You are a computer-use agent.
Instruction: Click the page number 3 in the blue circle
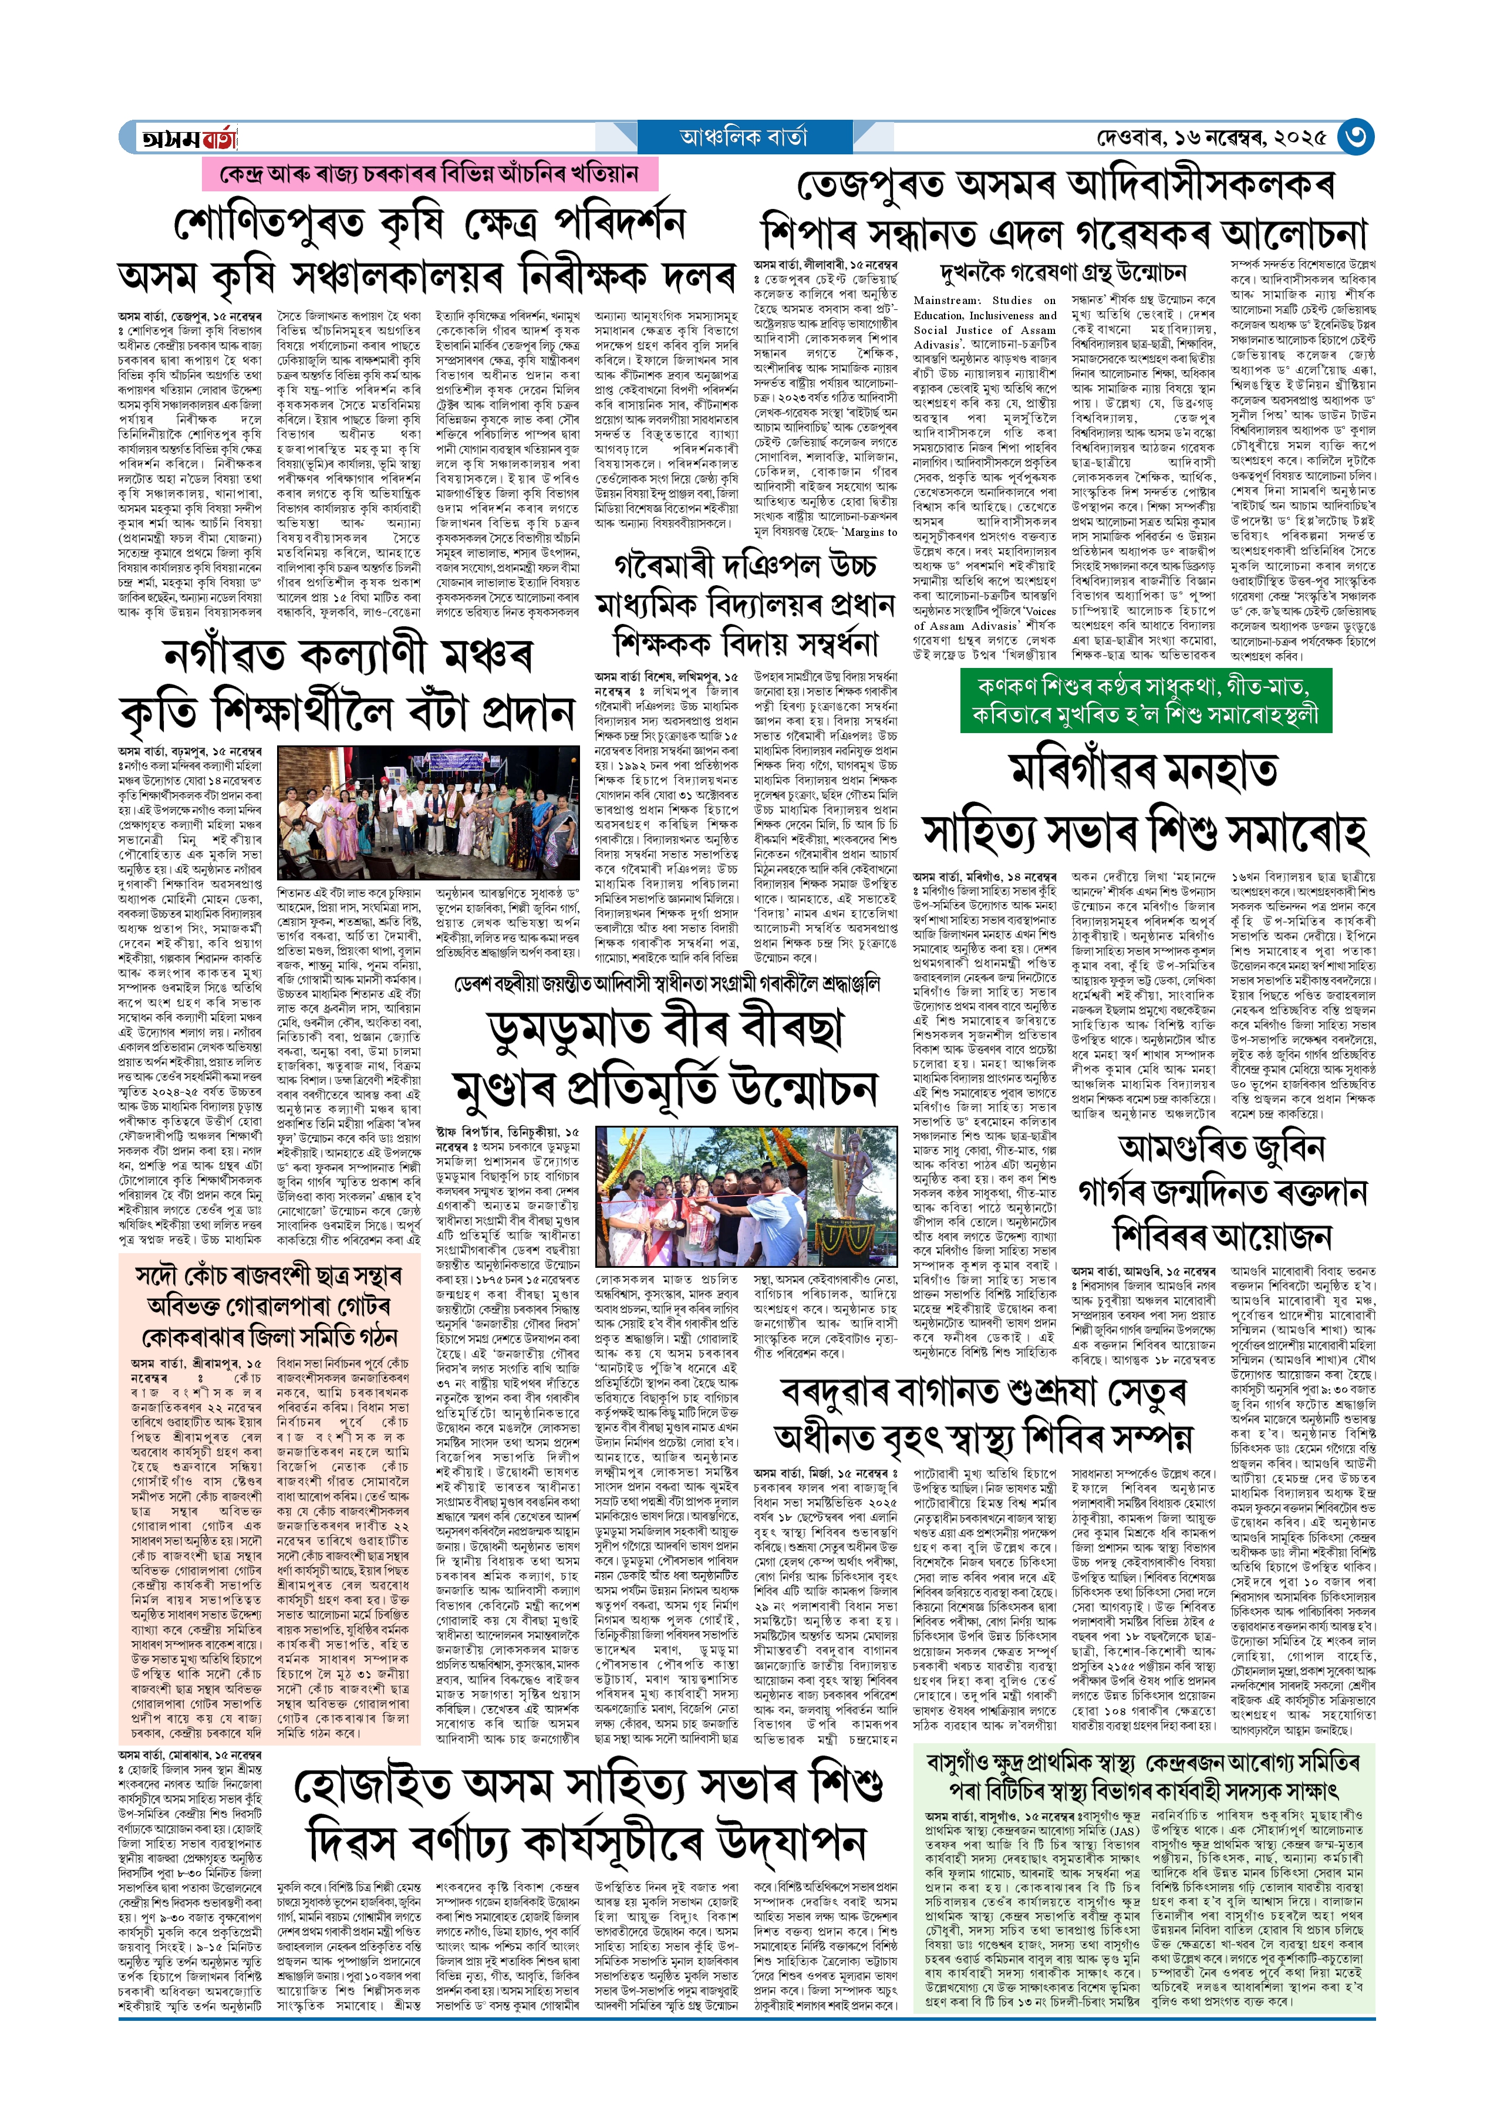click(1355, 137)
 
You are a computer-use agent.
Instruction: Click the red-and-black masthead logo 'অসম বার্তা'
click(189, 138)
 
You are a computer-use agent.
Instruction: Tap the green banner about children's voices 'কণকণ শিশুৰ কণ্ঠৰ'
click(1146, 700)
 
